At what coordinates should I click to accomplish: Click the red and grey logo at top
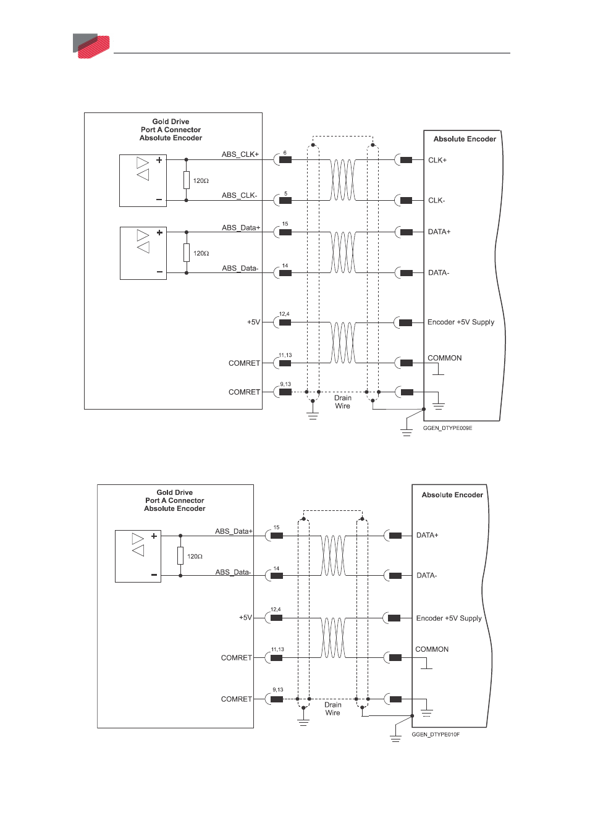[91, 46]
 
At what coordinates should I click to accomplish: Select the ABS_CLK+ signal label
[240, 154]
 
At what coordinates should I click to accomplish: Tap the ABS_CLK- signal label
[239, 195]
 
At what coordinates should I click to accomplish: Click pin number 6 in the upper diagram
[285, 153]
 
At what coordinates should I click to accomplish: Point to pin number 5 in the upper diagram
[285, 193]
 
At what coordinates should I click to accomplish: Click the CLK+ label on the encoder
[437, 160]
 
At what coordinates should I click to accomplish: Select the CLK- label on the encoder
[437, 200]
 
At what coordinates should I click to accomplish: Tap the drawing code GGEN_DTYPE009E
[447, 428]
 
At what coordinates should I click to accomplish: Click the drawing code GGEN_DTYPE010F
[436, 735]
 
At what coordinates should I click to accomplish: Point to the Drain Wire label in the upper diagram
[342, 402]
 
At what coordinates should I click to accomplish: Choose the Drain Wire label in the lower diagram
[333, 709]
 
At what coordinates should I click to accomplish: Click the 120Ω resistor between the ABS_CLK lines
[187, 180]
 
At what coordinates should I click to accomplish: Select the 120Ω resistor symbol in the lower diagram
[180, 556]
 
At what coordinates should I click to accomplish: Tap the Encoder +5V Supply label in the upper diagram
[461, 322]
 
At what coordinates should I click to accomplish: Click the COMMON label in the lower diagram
[432, 649]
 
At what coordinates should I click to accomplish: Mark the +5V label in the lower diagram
[245, 618]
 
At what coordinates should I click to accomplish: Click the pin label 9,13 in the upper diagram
[285, 384]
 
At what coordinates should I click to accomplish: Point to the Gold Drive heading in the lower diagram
[175, 492]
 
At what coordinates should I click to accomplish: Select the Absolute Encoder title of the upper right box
[465, 139]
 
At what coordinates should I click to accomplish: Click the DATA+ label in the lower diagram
[428, 536]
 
